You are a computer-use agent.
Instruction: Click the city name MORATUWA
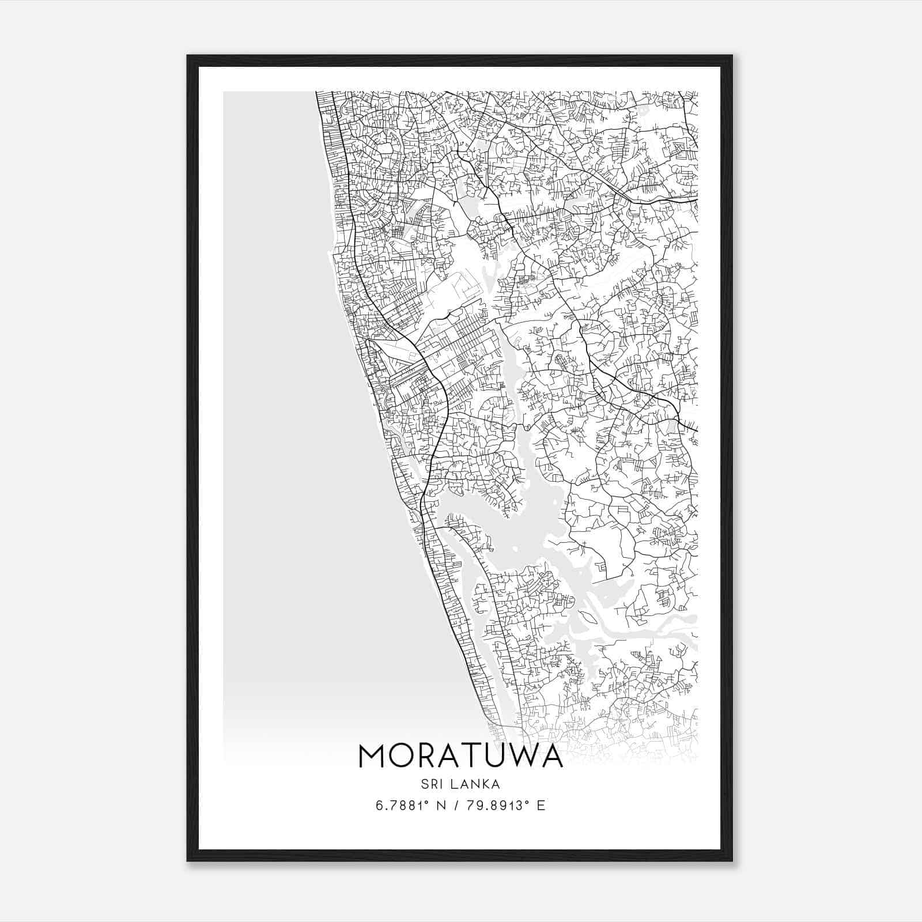[460, 756]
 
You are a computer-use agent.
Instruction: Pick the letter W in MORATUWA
[520, 756]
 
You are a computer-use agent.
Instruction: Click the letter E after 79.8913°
[541, 806]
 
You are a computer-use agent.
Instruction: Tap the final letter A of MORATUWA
[551, 756]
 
